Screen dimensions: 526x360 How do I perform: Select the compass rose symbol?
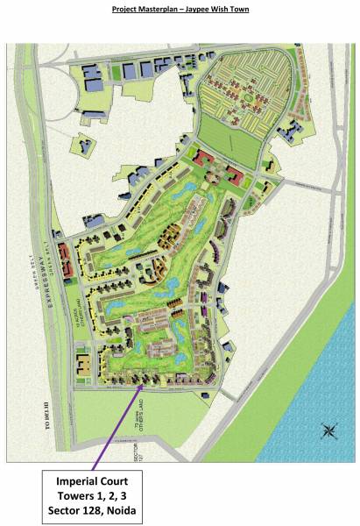click(x=329, y=429)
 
